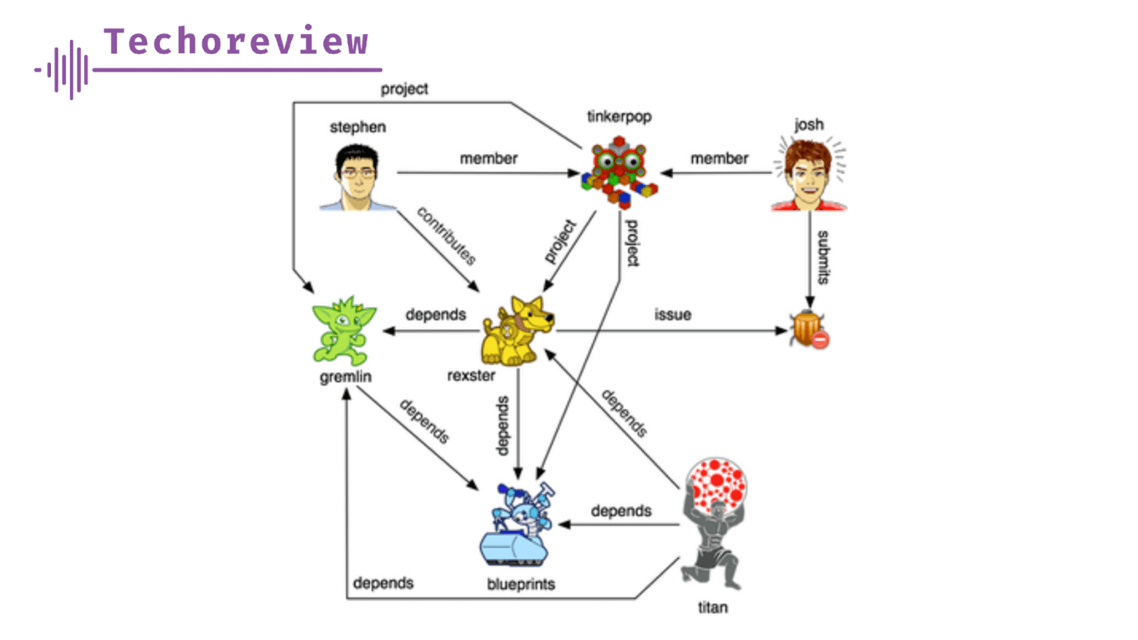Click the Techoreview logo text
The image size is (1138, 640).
click(x=237, y=41)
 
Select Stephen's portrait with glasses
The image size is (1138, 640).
click(x=358, y=178)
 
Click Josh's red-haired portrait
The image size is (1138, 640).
click(x=808, y=175)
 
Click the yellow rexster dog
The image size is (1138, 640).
click(x=518, y=330)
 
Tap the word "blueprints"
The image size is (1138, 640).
click(x=520, y=585)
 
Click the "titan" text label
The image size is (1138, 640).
click(x=711, y=608)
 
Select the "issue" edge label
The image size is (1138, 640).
click(x=672, y=314)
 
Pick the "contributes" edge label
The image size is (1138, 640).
click(x=446, y=236)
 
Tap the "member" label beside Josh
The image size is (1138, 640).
click(x=719, y=158)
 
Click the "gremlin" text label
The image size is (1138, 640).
click(x=341, y=376)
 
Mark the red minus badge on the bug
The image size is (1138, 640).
click(x=820, y=340)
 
